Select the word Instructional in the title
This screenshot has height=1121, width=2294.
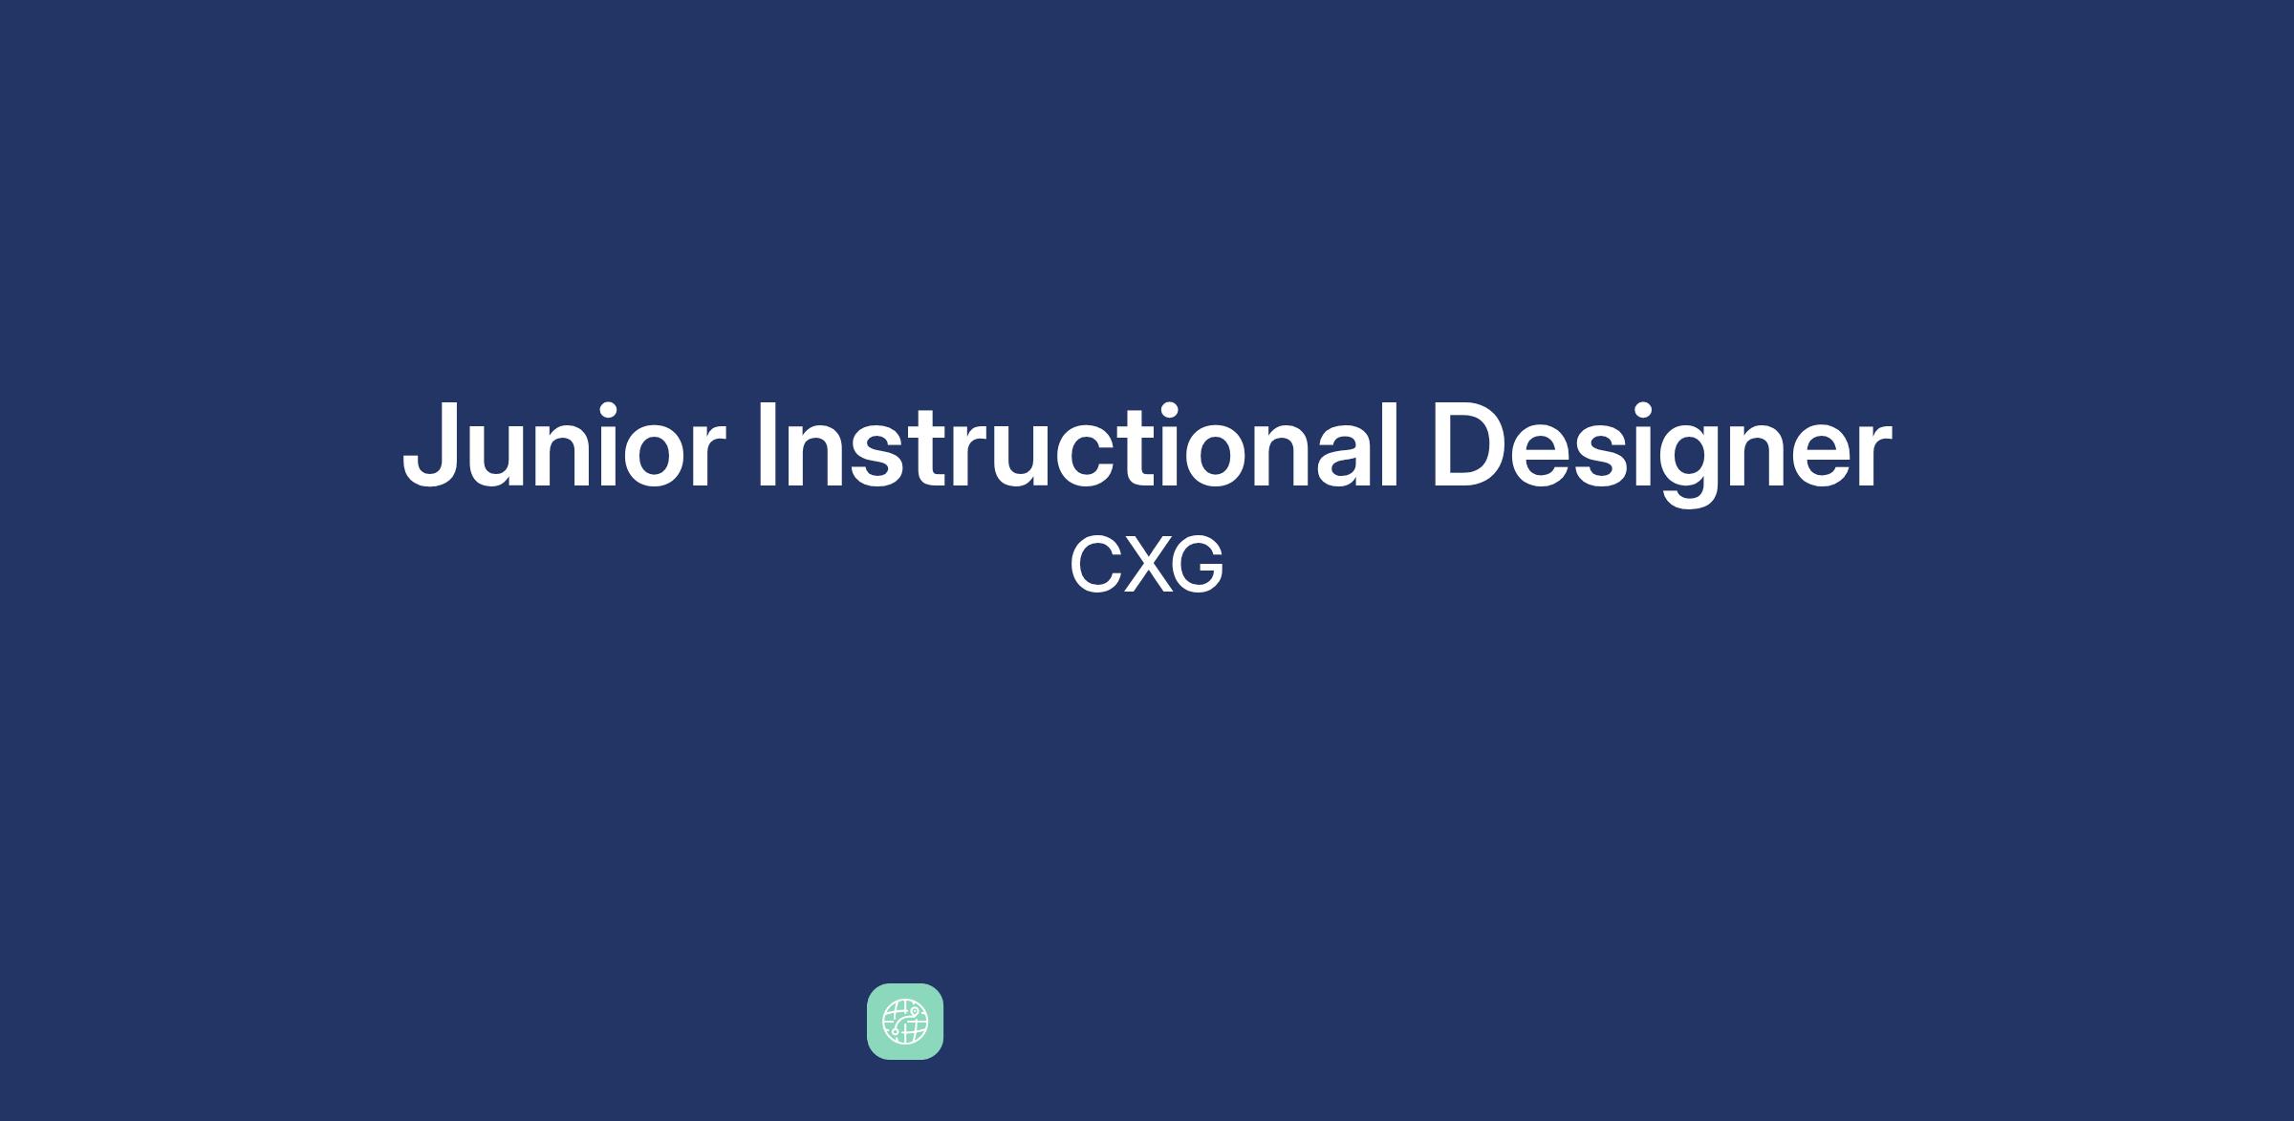click(1078, 444)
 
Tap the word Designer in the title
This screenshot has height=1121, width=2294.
click(1661, 452)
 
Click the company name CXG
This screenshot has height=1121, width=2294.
click(1146, 564)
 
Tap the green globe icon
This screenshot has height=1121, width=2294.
click(905, 1022)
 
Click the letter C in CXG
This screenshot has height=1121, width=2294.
click(1093, 564)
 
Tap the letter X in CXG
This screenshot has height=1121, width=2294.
click(1143, 564)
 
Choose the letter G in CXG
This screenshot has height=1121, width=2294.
click(1197, 564)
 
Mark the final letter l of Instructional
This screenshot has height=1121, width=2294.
click(1392, 444)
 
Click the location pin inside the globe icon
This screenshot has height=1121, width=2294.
click(914, 1011)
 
